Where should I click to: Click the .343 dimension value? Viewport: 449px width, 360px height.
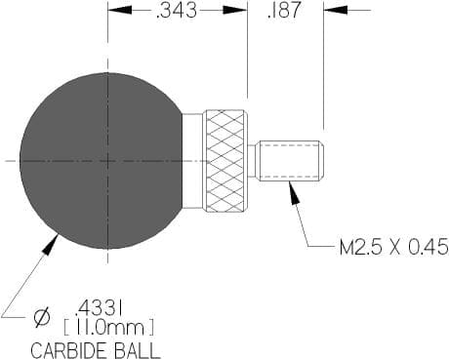(x=177, y=11)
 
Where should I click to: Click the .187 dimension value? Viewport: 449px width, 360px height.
(x=283, y=11)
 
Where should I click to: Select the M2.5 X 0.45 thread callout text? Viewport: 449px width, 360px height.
(x=393, y=247)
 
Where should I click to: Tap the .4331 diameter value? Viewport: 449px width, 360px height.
(x=98, y=309)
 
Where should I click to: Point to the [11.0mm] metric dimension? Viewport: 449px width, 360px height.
(x=109, y=328)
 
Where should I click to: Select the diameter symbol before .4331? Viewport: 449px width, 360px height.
(x=42, y=317)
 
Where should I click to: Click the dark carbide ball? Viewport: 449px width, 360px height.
(x=101, y=161)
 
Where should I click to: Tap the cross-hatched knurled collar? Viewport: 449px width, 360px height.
(x=224, y=161)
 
